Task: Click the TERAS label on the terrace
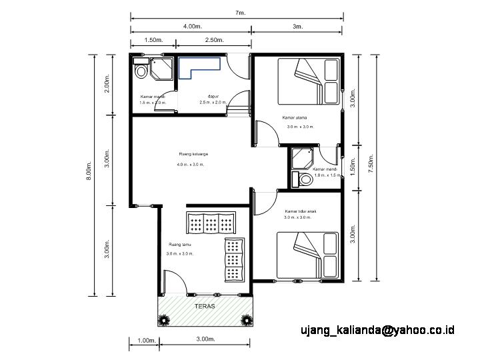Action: (205, 307)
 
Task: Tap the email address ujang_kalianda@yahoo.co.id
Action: (377, 329)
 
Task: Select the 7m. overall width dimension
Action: (239, 13)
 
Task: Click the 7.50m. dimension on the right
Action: (371, 167)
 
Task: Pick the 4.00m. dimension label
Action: (192, 27)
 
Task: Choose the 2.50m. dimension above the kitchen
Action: (214, 40)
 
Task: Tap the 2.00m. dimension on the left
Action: (107, 85)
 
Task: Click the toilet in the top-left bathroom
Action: (141, 69)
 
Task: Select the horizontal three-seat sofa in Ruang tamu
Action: (211, 224)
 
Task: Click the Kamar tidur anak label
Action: (299, 211)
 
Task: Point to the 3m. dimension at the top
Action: (297, 27)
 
